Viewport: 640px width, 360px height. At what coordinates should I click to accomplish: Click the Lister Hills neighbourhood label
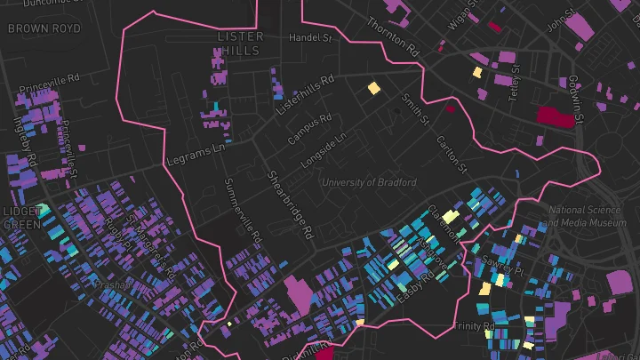coord(241,44)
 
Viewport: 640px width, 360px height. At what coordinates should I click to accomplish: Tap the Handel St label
coord(309,39)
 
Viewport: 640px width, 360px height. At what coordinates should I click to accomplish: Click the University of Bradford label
coord(369,182)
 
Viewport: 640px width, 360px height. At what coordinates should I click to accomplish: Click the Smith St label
coord(415,108)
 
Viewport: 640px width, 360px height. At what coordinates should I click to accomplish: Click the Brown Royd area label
coord(44,28)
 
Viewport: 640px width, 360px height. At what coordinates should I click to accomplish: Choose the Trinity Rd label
coord(474,327)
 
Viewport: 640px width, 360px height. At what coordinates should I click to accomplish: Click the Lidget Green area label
coord(20,218)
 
